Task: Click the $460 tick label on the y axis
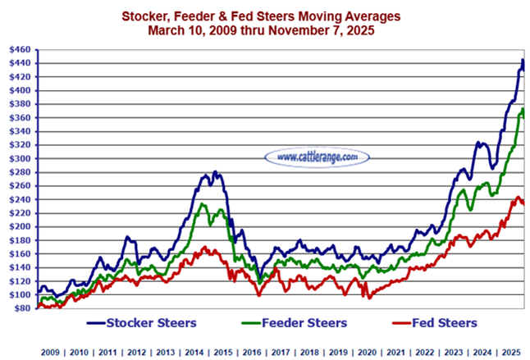(20, 50)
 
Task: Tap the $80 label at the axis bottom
(22, 308)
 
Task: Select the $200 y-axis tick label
(20, 226)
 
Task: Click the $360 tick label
(20, 118)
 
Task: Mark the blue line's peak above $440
(523, 60)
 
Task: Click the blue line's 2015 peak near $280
(215, 172)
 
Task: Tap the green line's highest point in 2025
(523, 109)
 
